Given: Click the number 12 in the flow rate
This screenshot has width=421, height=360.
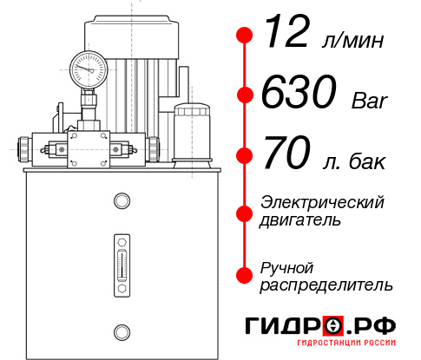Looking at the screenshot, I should coord(286,36).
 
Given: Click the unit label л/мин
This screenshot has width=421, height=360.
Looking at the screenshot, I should coord(352,41).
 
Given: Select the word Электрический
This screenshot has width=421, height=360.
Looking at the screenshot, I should coord(322,202).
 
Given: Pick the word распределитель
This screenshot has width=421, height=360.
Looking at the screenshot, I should coord(326,285).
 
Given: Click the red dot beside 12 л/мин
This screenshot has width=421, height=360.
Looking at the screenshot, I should coord(246,36).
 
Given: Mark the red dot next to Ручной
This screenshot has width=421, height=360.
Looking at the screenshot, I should coord(246,274).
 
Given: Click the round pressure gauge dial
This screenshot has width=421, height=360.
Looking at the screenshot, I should coord(89,66).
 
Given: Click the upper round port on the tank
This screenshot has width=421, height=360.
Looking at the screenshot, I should coord(121,201).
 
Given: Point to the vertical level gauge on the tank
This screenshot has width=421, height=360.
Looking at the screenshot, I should coord(121,263).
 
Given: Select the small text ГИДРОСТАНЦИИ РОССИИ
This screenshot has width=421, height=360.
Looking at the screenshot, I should coord(348,347).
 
